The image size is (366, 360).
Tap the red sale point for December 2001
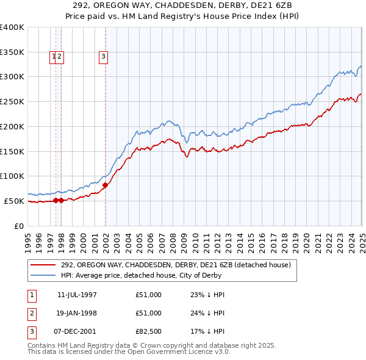tap(106, 184)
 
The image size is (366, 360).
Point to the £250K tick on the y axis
tap(12, 101)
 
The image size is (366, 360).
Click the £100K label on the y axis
tap(12, 176)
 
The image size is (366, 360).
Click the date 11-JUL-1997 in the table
tap(77, 295)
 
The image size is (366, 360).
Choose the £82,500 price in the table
tap(149, 332)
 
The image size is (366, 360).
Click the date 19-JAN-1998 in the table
tap(77, 313)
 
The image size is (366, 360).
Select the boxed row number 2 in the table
tap(30, 314)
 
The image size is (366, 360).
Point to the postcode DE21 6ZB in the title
tap(272, 6)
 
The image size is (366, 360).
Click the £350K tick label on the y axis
tap(12, 52)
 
